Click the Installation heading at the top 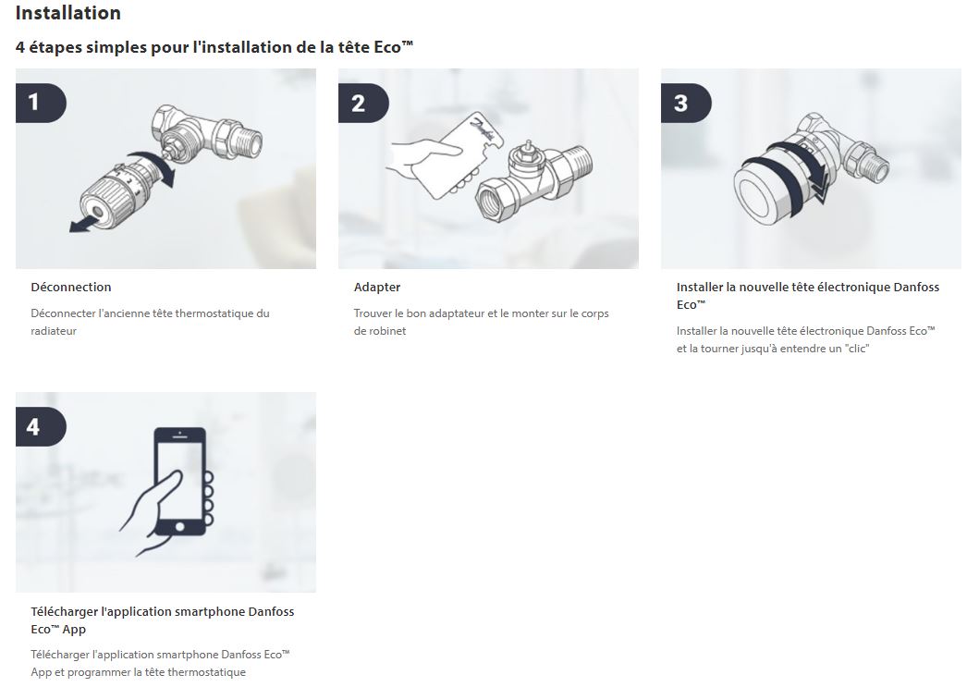pyautogui.click(x=68, y=14)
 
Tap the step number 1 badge pyautogui.click(x=35, y=102)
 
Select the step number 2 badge pyautogui.click(x=359, y=103)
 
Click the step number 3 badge pyautogui.click(x=681, y=103)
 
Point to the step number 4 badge pyautogui.click(x=34, y=426)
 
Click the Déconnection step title pyautogui.click(x=71, y=288)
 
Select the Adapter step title pyautogui.click(x=377, y=288)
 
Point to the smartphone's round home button pyautogui.click(x=179, y=526)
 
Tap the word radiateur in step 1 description pyautogui.click(x=54, y=331)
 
